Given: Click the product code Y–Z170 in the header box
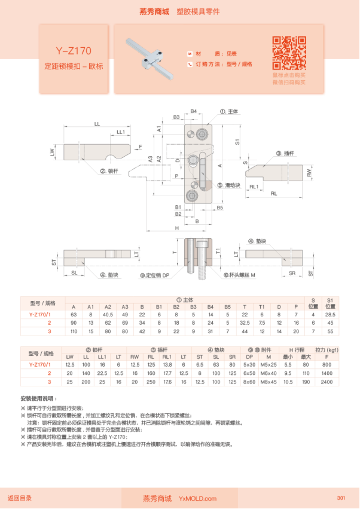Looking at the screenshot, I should pyautogui.click(x=74, y=51).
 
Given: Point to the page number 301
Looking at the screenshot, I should pyautogui.click(x=341, y=498).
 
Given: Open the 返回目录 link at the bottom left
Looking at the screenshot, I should pyautogui.click(x=20, y=498).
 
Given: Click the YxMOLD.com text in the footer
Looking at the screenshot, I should pyautogui.click(x=198, y=498).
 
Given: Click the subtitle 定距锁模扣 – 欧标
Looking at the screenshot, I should pyautogui.click(x=74, y=66).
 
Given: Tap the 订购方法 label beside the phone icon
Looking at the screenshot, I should pyautogui.click(x=208, y=64).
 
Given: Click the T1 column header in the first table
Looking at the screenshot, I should pyautogui.click(x=262, y=306).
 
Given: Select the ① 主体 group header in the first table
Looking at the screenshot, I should pyautogui.click(x=184, y=299).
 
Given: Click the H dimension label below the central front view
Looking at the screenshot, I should pyautogui.click(x=177, y=228).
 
